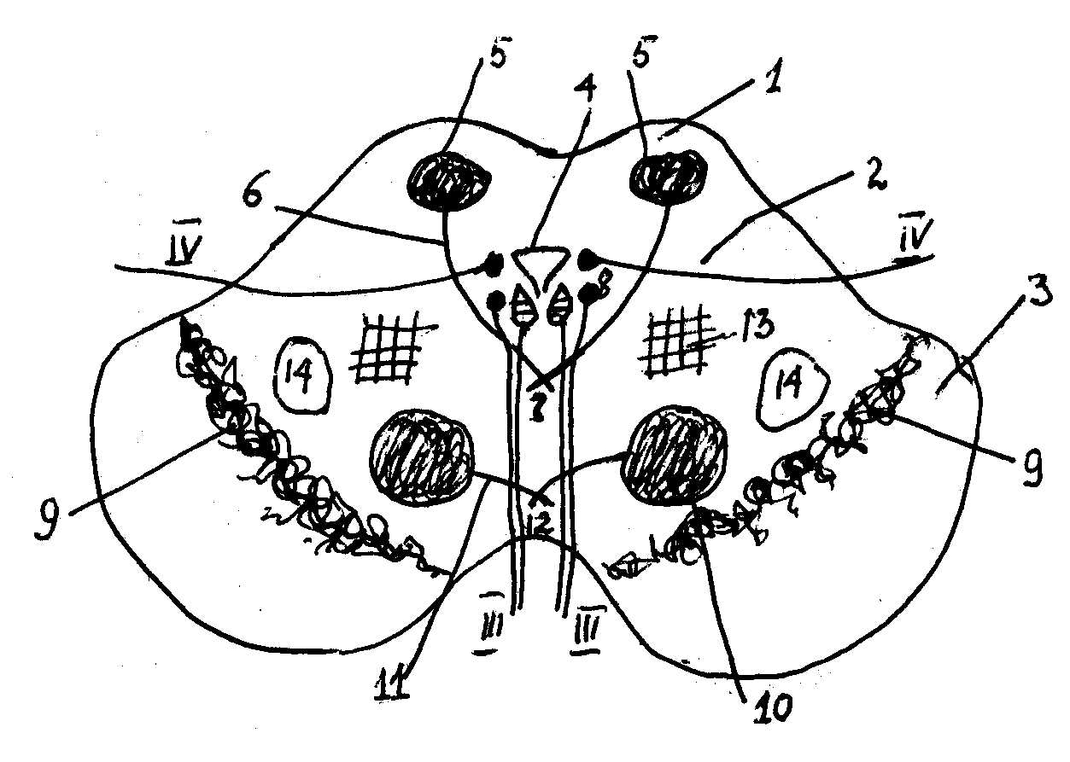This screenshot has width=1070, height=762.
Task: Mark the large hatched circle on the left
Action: click(420, 459)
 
